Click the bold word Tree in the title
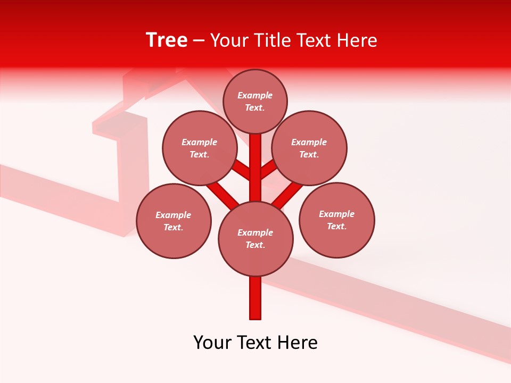[x=167, y=40]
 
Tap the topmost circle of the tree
[x=255, y=102]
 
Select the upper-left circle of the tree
[x=199, y=148]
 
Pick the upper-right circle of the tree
[x=309, y=148]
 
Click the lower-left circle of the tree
[x=174, y=221]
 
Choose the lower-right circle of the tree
[x=336, y=220]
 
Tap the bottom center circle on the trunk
[x=256, y=239]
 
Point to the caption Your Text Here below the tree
[x=256, y=343]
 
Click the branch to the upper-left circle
[x=241, y=170]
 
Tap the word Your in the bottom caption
[x=213, y=343]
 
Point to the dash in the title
[x=199, y=41]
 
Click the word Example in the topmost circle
[x=255, y=96]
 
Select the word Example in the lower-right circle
[x=336, y=214]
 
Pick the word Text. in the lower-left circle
[x=174, y=228]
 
